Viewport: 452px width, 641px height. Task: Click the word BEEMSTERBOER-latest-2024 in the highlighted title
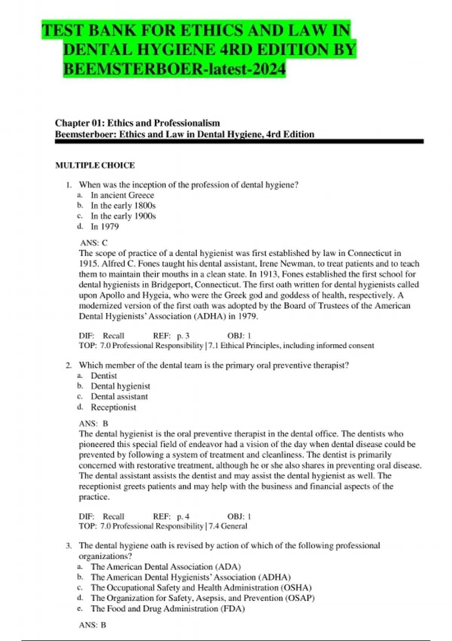pos(174,69)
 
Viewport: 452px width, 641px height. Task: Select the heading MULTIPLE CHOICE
pos(95,165)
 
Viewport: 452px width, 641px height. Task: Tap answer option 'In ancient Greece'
pos(122,195)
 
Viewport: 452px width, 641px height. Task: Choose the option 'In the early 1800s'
pos(123,206)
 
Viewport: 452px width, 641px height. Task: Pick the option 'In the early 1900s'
pos(123,216)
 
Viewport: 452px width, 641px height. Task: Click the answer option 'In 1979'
pos(105,227)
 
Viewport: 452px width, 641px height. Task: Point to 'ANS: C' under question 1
pos(94,243)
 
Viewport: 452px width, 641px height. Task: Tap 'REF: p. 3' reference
pos(171,336)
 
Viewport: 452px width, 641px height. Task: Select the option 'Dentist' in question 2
pos(104,376)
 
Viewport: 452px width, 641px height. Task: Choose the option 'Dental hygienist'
pos(120,386)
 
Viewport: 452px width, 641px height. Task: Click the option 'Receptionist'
pos(113,407)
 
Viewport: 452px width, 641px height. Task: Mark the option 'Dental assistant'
pos(119,397)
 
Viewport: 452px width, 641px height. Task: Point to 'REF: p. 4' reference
pos(171,516)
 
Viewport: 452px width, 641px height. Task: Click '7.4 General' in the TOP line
pos(228,526)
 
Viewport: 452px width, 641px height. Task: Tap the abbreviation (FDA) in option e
pos(233,609)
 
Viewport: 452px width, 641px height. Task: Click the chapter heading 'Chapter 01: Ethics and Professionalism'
pos(137,123)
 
